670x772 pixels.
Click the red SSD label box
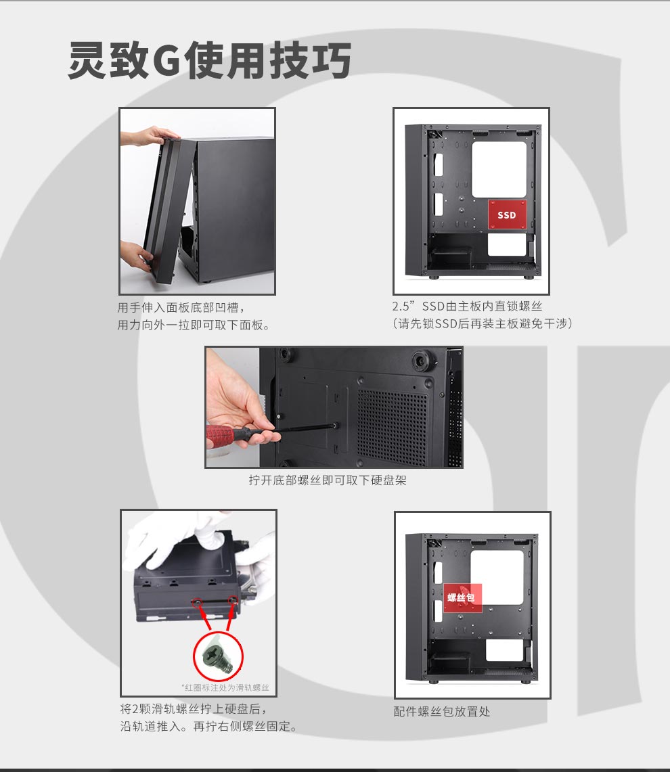(508, 214)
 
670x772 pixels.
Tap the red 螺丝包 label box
(462, 597)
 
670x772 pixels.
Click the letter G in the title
(166, 61)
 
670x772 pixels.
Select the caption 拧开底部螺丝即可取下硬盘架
(328, 480)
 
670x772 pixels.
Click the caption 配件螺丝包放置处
(442, 711)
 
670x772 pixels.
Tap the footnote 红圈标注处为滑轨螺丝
(225, 687)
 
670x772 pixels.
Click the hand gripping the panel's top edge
(148, 135)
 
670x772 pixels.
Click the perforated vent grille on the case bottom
(392, 423)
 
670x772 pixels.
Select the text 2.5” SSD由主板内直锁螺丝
(467, 306)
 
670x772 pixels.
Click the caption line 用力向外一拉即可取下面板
(193, 325)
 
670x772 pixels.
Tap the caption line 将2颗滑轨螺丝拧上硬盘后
(194, 709)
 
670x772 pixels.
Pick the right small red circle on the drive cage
(233, 600)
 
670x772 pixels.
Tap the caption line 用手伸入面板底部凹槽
(181, 308)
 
